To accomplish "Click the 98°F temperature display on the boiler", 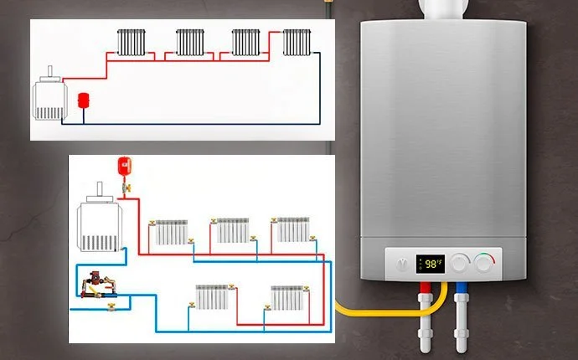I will point(431,264).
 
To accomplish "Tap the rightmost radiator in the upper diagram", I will point(297,42).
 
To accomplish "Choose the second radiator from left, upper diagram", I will point(190,42).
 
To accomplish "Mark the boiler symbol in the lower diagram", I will point(99,224).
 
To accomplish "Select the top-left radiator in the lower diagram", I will point(172,232).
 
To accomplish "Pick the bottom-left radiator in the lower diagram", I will point(211,296).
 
